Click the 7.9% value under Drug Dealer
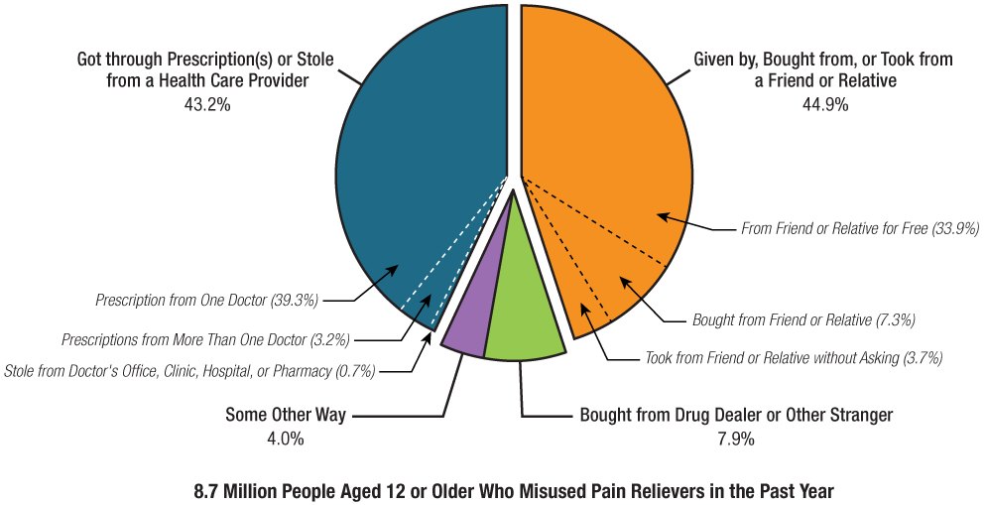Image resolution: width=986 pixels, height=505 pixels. click(736, 437)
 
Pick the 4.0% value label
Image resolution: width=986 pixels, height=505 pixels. click(285, 438)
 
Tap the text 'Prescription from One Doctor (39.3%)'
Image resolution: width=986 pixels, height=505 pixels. click(206, 299)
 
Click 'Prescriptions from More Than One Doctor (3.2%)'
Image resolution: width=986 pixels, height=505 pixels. click(205, 339)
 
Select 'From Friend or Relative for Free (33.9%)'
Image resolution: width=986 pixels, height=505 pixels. click(860, 229)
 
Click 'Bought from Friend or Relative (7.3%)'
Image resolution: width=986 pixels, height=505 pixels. click(802, 320)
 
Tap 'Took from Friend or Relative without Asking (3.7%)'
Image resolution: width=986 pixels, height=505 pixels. click(794, 356)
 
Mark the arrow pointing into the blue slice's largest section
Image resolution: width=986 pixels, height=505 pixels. click(387, 276)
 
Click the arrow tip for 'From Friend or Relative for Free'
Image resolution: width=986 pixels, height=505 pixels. click(658, 214)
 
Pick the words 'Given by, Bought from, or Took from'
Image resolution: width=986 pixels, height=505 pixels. click(822, 60)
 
